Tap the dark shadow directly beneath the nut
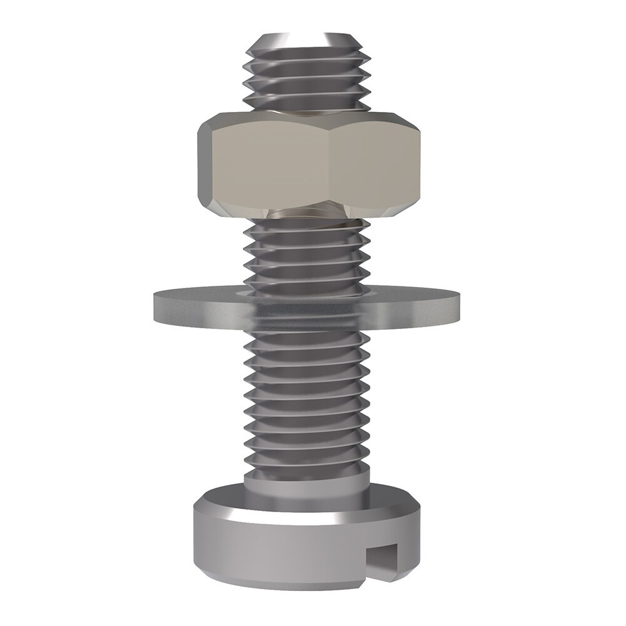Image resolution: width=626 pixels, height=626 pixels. coord(306,216)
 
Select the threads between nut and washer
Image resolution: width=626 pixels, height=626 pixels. coord(306,256)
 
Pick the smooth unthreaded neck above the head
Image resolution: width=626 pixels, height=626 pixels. coord(306,482)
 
